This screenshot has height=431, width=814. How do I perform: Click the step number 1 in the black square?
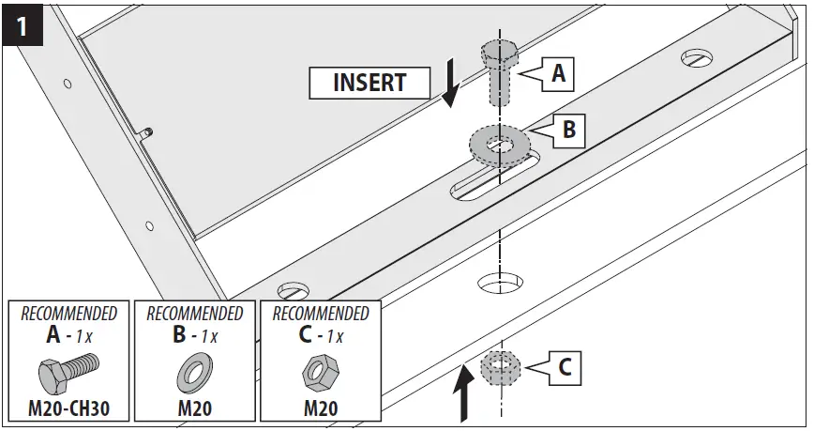pyautogui.click(x=23, y=25)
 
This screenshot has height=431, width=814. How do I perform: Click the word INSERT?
pyautogui.click(x=369, y=83)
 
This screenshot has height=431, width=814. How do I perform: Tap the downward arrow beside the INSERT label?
pyautogui.click(x=451, y=84)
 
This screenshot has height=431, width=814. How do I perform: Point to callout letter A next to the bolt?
pyautogui.click(x=558, y=73)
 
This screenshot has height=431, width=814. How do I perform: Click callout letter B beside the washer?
pyautogui.click(x=568, y=131)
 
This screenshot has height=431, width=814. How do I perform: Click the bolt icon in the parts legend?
pyautogui.click(x=68, y=373)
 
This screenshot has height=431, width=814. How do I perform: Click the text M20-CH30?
pyautogui.click(x=68, y=409)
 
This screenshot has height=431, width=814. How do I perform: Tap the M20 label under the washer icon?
pyautogui.click(x=194, y=409)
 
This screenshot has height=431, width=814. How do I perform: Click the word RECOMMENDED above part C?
pyautogui.click(x=320, y=313)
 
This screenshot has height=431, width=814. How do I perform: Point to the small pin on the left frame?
pyautogui.click(x=147, y=133)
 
